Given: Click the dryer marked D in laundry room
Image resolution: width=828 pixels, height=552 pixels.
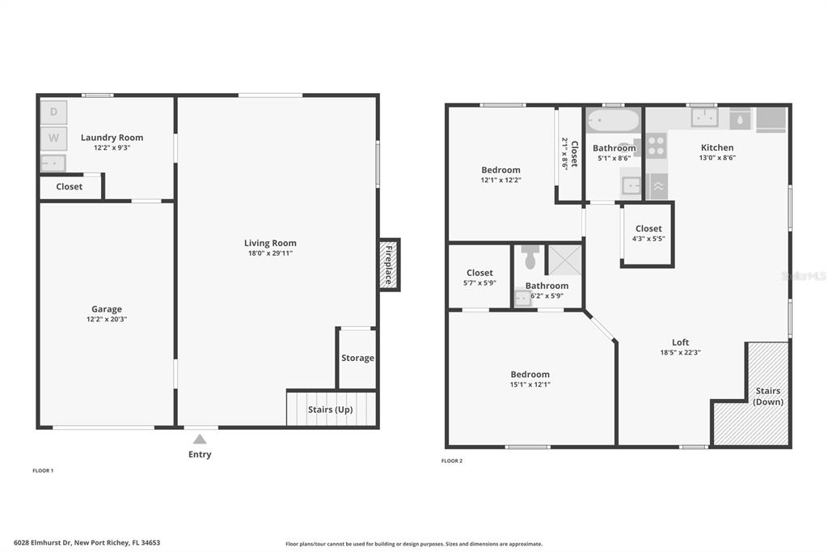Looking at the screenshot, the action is pos(54,112).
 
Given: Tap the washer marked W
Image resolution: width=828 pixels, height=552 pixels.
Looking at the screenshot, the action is pos(54,138).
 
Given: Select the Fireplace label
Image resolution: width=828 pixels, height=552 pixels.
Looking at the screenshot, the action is pos(389,265).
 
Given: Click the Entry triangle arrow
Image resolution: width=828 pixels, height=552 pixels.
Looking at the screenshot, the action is pos(200,439).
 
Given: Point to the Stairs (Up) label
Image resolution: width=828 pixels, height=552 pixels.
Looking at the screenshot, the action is pos(331,410).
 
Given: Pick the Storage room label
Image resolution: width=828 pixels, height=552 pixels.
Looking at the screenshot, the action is pos(357,358).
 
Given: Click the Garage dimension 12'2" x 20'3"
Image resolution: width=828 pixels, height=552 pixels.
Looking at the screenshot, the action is pos(107,320).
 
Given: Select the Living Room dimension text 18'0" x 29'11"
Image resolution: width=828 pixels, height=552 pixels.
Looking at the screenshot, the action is pos(270,253).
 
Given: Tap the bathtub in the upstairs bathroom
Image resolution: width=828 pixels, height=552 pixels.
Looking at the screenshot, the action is pos(614,121).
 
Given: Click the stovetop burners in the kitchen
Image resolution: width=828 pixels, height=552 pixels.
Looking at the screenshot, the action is pos(657,146).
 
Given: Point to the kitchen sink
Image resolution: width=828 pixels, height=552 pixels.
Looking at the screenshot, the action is pos(704,117).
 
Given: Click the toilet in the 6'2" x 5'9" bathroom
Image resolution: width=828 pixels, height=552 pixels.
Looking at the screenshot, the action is pos(530,257).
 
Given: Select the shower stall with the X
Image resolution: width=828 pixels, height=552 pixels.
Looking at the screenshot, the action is pos(564,260).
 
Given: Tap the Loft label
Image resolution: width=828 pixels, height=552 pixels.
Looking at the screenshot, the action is pos(681,342).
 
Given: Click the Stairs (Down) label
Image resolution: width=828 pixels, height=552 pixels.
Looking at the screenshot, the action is pos(768,396).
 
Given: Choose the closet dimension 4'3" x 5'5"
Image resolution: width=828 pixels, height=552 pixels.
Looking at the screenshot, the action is pos(648,239).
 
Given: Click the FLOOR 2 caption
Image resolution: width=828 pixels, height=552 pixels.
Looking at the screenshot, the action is pos(452,461).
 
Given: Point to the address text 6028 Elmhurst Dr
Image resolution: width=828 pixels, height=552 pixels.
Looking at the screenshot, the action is pos(42,542).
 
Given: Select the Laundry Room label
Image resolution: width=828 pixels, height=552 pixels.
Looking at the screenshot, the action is pos(112,138).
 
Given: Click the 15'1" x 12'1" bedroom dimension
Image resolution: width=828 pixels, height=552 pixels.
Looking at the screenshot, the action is pos(530,385).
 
